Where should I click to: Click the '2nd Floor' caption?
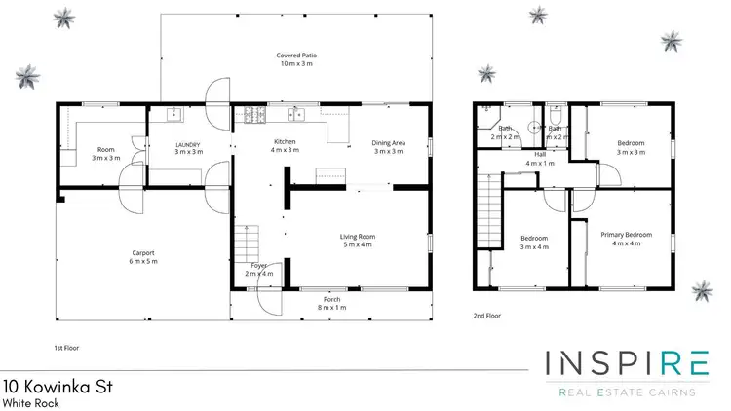pyautogui.click(x=487, y=316)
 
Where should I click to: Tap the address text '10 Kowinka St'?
pyautogui.click(x=58, y=387)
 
